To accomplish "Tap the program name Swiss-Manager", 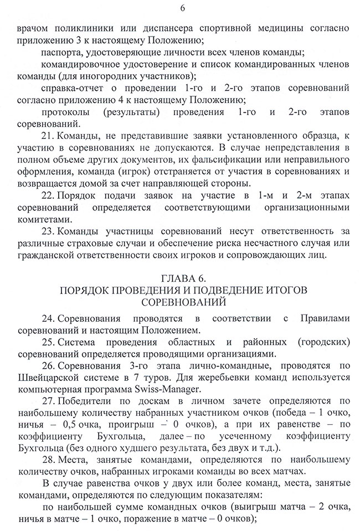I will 170,393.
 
